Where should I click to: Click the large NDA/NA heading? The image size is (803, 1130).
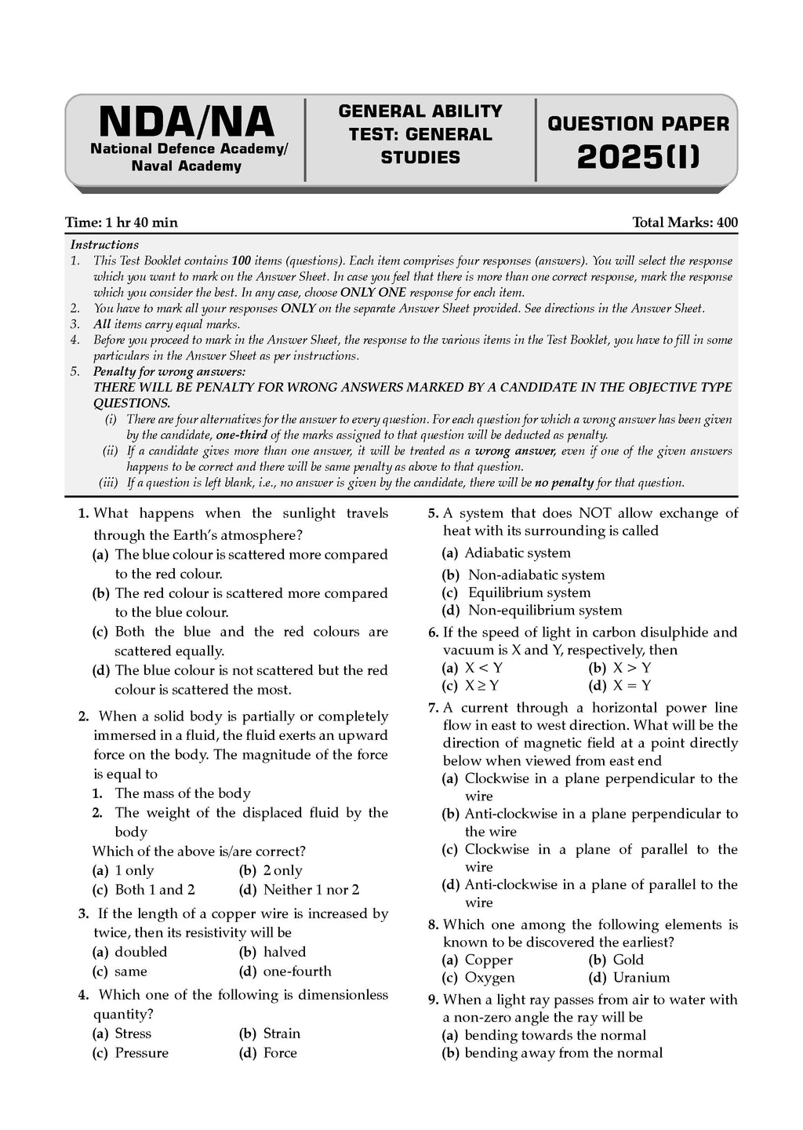[187, 122]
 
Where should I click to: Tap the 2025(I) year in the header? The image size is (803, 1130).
[638, 157]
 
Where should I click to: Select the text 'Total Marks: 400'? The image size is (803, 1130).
[685, 223]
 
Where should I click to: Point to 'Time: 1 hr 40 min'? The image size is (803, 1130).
[122, 223]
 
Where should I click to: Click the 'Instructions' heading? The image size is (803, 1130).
[104, 245]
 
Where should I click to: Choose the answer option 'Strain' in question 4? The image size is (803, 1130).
[282, 1033]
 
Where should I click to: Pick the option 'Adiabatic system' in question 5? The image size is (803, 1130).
[518, 553]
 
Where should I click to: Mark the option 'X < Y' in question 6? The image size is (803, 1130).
[483, 668]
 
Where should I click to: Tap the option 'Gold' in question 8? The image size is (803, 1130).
[628, 960]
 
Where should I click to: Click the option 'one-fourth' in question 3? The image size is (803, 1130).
[297, 971]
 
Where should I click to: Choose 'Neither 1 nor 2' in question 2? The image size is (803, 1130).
[311, 890]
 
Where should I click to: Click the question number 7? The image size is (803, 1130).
[433, 708]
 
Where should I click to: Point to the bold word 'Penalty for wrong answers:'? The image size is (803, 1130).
[169, 371]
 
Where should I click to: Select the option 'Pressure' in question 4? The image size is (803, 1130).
[141, 1053]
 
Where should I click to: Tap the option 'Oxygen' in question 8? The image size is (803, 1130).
[489, 978]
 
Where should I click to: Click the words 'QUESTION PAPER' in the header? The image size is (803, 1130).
[638, 124]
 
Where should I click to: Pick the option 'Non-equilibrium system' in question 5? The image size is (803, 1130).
[545, 611]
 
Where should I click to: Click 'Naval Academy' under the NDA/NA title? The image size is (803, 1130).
[187, 166]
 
